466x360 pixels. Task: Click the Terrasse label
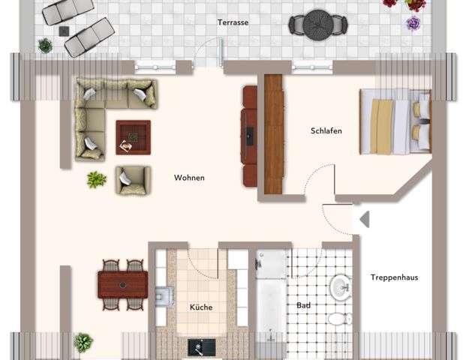pyautogui.click(x=233, y=22)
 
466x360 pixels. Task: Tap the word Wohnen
pyautogui.click(x=189, y=178)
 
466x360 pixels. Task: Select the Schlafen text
pyautogui.click(x=326, y=131)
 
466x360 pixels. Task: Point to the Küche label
pyautogui.click(x=200, y=307)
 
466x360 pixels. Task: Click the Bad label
pyautogui.click(x=304, y=306)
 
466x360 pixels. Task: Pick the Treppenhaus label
pyautogui.click(x=394, y=277)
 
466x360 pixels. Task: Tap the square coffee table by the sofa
pyautogui.click(x=133, y=137)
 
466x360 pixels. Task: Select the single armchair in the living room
pyautogui.click(x=132, y=179)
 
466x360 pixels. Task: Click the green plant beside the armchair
pyautogui.click(x=96, y=179)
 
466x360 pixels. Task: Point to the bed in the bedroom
pyautogui.click(x=394, y=121)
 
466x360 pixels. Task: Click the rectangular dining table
pyautogui.click(x=122, y=284)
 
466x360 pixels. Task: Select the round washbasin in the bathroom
pyautogui.click(x=340, y=286)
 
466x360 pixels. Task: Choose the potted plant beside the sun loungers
pyautogui.click(x=45, y=45)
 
